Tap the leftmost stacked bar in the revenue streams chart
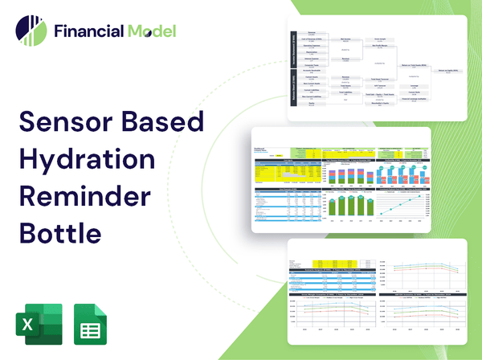pos(332,171)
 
